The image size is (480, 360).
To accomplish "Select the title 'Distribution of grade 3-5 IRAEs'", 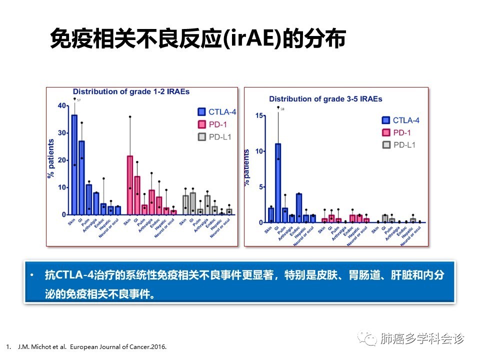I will tap(325, 99).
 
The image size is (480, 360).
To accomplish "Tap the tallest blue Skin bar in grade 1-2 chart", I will tap(74, 165).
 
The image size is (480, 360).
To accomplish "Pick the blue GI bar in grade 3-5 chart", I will tap(278, 183).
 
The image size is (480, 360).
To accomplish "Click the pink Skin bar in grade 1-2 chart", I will tap(130, 185).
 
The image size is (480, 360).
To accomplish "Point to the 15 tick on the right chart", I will tap(259, 115).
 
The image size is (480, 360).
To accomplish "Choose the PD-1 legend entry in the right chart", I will tap(399, 132).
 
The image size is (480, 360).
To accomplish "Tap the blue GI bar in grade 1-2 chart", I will tap(81, 177).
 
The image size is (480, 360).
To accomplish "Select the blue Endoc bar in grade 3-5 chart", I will tap(298, 208).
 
